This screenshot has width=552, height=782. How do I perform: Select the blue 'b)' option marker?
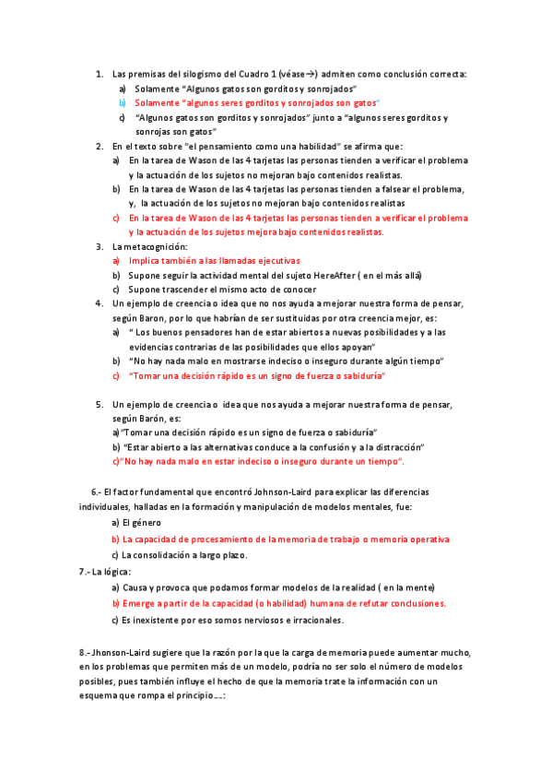(x=122, y=103)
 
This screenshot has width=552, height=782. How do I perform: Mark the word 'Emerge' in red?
(x=137, y=603)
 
